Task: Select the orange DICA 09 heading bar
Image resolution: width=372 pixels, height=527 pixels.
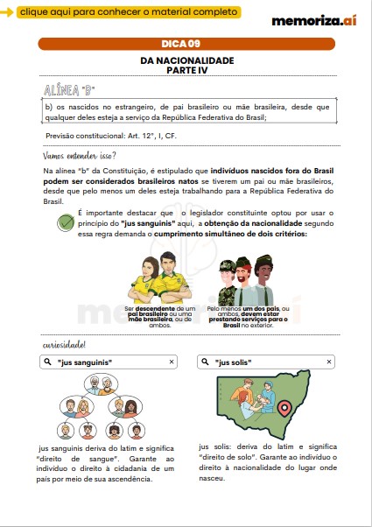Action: click(x=186, y=43)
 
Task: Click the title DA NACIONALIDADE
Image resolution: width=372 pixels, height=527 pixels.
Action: click(x=186, y=61)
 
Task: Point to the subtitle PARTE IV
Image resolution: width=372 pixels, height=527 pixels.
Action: click(x=186, y=71)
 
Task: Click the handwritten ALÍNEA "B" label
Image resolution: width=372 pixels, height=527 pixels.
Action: click(x=70, y=90)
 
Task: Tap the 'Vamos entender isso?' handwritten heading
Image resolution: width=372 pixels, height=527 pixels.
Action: click(x=80, y=155)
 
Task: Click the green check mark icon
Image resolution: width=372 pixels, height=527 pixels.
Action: click(x=65, y=222)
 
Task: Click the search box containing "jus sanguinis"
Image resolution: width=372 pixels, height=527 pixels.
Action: click(x=109, y=361)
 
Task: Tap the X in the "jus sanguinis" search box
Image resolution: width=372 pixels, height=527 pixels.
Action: click(x=172, y=361)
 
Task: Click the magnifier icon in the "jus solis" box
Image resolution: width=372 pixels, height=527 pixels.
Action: click(x=205, y=361)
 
